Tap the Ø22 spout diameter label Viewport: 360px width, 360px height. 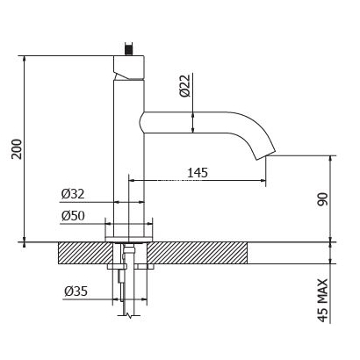pyautogui.click(x=185, y=85)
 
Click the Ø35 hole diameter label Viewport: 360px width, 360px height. pyautogui.click(x=75, y=290)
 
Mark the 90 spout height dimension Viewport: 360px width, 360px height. pyautogui.click(x=323, y=200)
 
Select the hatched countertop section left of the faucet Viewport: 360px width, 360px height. pyautogui.click(x=81, y=252)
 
